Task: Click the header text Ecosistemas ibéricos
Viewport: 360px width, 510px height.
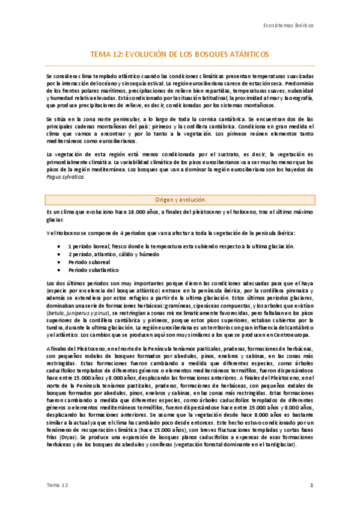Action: (x=289, y=26)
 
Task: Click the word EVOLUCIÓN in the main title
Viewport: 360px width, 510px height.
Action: (x=145, y=54)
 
